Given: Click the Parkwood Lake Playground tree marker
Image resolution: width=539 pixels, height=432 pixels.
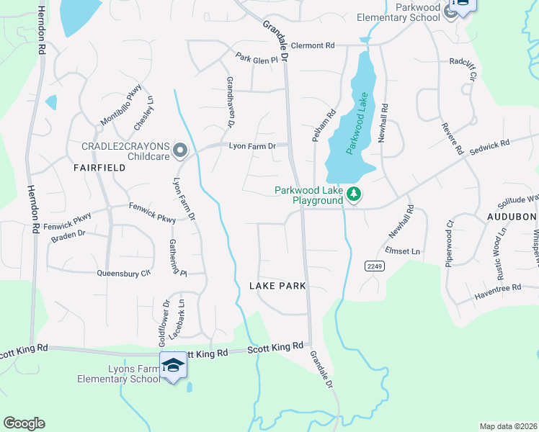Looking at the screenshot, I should click(353, 194).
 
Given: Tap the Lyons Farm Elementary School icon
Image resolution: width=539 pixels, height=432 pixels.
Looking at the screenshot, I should click(173, 367).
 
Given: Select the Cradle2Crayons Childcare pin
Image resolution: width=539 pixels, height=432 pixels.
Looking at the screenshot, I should click(180, 150).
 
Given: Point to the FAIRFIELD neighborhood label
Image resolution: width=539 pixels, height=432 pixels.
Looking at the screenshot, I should click(99, 167).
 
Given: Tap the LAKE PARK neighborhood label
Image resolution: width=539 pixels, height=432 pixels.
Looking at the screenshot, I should click(277, 286).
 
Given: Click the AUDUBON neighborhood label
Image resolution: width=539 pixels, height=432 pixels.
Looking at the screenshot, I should click(512, 216).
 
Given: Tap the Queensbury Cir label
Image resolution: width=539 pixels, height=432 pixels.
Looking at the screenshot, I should click(123, 273).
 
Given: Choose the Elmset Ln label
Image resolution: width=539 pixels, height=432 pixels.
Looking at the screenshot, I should click(402, 251).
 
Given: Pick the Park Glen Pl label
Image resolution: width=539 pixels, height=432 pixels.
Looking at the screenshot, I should click(256, 60).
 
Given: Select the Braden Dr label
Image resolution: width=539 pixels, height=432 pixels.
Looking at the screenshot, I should click(68, 234).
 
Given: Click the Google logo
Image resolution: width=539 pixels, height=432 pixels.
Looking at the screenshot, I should click(24, 423).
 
